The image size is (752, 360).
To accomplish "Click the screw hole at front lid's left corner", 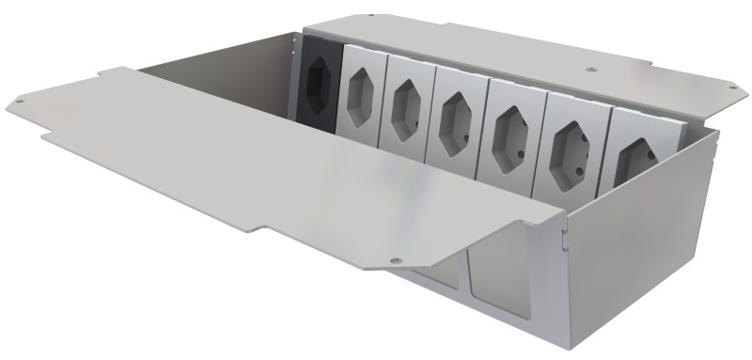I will pos(20,98).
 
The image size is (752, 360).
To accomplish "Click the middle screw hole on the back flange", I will pos(589,68).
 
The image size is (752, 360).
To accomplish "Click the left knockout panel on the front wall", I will pos(434,282).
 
